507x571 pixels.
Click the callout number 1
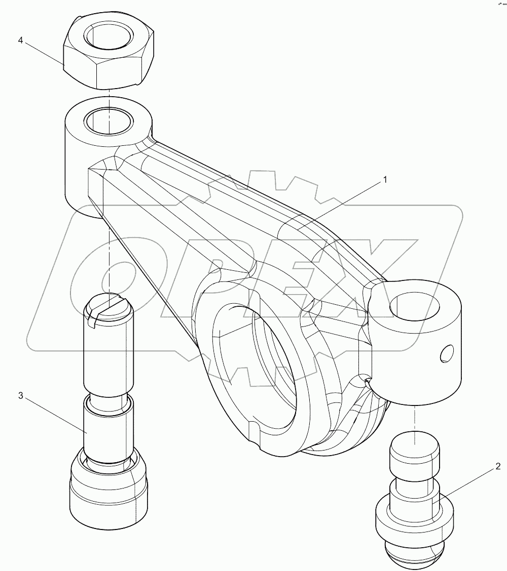point(385,179)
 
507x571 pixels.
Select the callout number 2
point(498,466)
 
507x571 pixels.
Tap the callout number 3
point(21,396)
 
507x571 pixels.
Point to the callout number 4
point(21,40)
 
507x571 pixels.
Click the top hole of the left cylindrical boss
point(107,120)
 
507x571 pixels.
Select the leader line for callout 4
point(46,54)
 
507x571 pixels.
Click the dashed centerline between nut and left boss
point(109,94)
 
